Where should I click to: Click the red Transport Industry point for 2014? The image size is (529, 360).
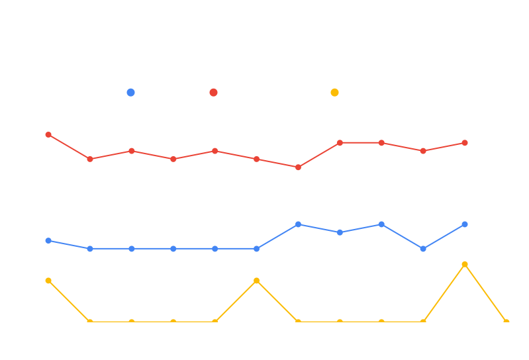48,134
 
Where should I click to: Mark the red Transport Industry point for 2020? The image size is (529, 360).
298,167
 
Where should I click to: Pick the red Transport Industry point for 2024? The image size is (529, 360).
465,143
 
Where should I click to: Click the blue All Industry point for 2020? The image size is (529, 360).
298,224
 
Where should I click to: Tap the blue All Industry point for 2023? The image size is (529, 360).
423,249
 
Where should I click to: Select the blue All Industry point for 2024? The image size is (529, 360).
465,224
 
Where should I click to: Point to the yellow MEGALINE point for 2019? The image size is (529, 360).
256,281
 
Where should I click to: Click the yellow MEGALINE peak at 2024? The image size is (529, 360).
465,265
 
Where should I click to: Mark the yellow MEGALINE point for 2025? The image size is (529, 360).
506,322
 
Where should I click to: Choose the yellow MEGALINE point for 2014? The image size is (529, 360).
48,281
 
